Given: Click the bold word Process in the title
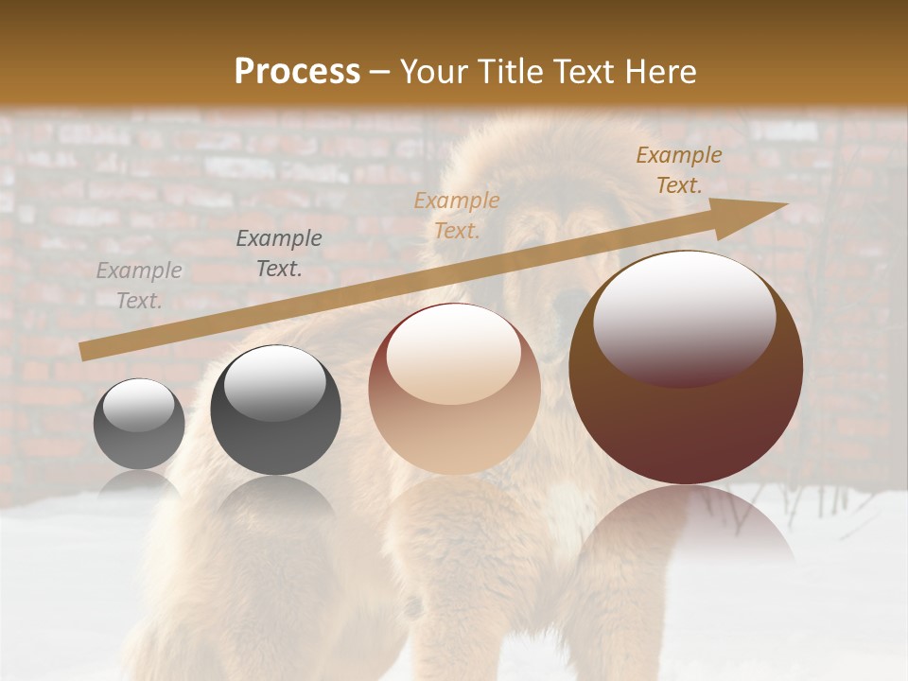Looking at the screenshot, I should [297, 71].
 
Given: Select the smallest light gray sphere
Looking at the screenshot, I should [139, 424].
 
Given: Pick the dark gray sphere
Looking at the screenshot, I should [275, 410].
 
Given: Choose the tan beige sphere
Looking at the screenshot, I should [454, 390].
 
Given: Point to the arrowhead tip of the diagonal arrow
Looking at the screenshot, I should [785, 204].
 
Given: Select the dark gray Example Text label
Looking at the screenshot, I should [279, 253].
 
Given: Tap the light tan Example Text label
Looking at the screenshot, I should [457, 215].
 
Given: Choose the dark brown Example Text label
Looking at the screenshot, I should [679, 170].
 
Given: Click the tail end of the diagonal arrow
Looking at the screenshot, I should [85, 352].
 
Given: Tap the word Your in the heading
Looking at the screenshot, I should [433, 71].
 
